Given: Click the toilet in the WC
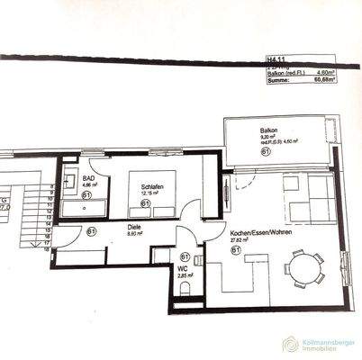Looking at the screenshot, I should click(x=185, y=289).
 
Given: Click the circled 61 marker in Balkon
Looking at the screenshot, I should click(x=267, y=153).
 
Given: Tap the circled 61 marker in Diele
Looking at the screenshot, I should click(x=92, y=231).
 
